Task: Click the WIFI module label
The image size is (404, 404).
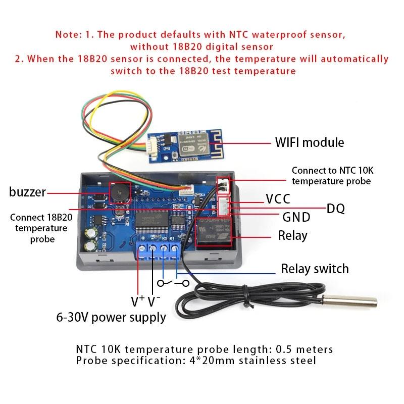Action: click(309, 142)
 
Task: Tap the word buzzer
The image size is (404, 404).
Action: click(27, 192)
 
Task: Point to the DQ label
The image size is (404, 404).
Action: click(336, 208)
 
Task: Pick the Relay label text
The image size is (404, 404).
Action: click(292, 235)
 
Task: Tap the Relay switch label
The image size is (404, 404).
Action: click(315, 268)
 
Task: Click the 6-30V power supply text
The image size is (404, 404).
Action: click(111, 317)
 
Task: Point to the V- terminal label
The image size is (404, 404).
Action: click(154, 301)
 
